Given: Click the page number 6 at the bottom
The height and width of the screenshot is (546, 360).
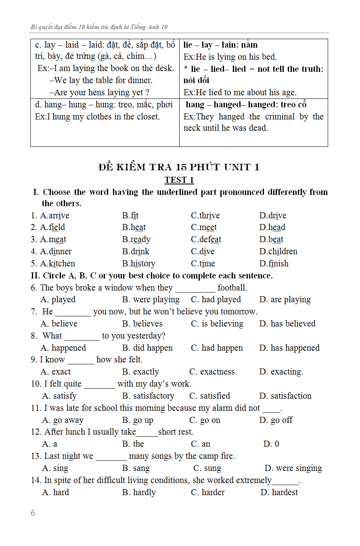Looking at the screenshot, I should (33, 513).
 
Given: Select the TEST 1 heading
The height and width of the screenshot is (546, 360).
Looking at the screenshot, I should (179, 180).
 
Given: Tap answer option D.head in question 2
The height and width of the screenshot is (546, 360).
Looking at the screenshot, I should (272, 227).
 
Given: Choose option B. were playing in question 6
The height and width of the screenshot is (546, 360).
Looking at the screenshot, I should (151, 299).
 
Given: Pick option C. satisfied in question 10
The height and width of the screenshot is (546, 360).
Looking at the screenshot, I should (209, 396).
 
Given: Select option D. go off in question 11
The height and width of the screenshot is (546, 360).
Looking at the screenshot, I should (276, 420).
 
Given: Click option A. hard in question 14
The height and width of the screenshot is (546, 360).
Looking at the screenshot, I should (55, 492).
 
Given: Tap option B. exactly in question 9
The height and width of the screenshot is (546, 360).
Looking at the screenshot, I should (140, 372).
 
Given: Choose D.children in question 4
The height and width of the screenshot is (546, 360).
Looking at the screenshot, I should (278, 251).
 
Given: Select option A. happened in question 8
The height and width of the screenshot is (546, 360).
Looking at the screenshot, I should (63, 348).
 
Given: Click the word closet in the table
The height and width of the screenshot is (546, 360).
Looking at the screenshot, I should (147, 117).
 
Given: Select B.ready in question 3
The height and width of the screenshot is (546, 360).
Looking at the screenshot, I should (136, 239).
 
